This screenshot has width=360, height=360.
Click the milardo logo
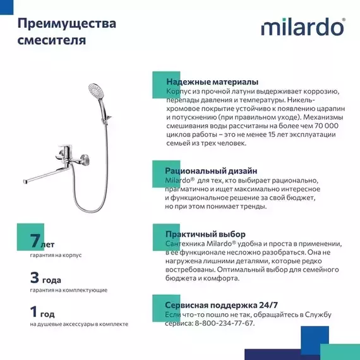[x=303, y=28]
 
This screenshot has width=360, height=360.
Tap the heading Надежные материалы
[x=212, y=82]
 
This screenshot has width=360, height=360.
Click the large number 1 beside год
[x=34, y=312]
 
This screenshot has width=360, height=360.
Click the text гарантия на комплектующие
[x=68, y=290]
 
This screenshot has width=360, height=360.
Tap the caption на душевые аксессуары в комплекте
[x=79, y=324]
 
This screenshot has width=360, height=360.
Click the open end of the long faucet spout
[x=26, y=182]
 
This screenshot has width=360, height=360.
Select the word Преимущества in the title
[x=66, y=24]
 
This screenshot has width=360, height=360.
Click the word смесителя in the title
[x=52, y=41]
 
